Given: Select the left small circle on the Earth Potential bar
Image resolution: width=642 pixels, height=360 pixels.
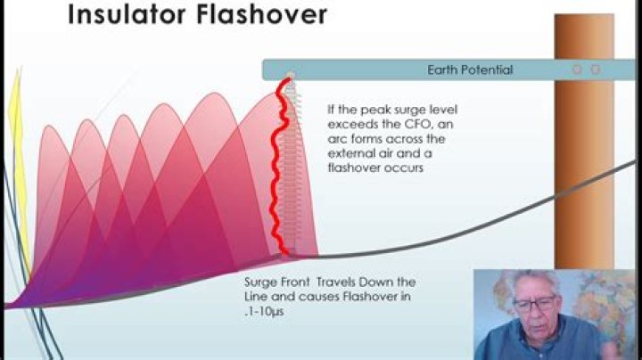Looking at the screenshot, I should pos(577,69).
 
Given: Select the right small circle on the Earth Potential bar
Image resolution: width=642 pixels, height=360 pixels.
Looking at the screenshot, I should pos(596,69).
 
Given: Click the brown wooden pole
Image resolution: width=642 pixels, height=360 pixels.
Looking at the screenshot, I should pos(584,178).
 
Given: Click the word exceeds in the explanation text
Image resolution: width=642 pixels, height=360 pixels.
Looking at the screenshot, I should pos(349,125).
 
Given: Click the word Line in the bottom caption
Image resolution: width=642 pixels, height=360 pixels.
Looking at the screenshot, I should pos(256,296).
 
